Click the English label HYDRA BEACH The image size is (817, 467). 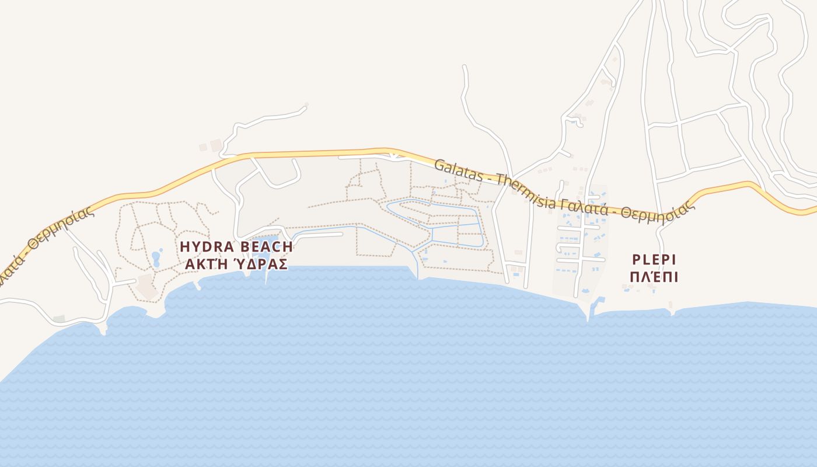click(236, 246)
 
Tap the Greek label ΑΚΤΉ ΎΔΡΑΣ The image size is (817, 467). click(236, 264)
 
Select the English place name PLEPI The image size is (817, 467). click(654, 259)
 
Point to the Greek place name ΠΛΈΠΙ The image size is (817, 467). click(654, 277)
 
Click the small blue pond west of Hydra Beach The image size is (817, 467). click(156, 257)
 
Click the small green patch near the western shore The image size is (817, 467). click(59, 319)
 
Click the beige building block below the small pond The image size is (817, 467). click(145, 288)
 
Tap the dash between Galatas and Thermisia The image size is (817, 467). click(492, 177)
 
